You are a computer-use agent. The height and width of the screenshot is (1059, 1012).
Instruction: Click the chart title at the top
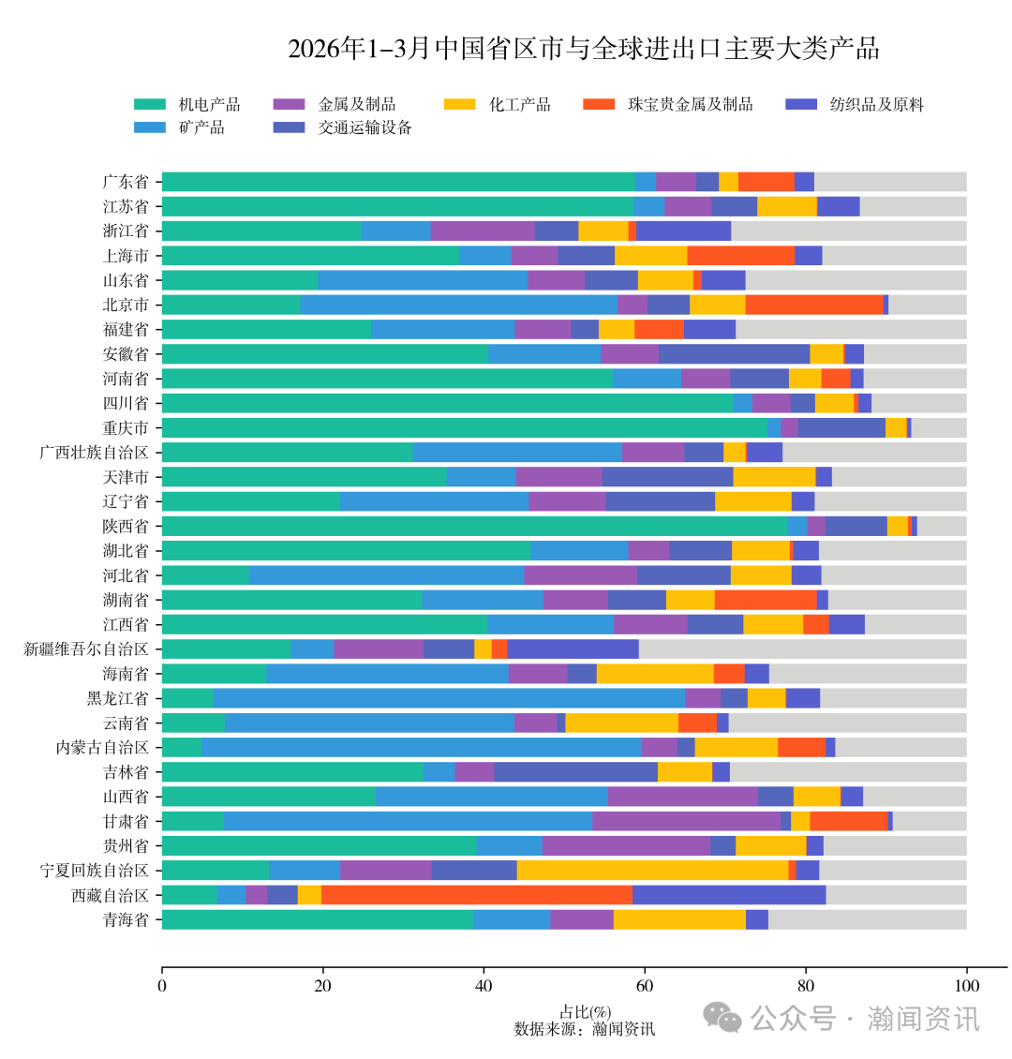click(583, 49)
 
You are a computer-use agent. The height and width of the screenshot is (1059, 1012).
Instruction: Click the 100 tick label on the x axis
click(966, 985)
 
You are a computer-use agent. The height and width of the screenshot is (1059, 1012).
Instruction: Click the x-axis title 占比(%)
click(585, 1012)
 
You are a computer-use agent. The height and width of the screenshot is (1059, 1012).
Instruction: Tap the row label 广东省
click(126, 182)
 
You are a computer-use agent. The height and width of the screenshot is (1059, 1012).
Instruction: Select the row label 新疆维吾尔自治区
click(86, 649)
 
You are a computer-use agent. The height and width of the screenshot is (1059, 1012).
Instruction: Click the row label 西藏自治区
click(110, 895)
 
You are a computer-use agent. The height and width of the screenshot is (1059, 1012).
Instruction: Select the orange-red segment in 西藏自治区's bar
click(476, 895)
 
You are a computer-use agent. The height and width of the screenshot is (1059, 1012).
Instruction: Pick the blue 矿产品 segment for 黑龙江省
click(449, 697)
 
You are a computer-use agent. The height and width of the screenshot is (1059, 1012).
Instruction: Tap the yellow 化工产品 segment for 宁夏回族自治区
click(652, 870)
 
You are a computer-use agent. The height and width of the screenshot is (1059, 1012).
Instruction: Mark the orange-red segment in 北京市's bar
click(814, 305)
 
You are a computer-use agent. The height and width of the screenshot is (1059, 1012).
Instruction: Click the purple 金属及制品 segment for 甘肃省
click(686, 821)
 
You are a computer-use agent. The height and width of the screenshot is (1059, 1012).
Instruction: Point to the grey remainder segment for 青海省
click(867, 919)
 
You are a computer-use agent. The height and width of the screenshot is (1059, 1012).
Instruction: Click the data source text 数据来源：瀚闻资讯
click(585, 1029)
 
